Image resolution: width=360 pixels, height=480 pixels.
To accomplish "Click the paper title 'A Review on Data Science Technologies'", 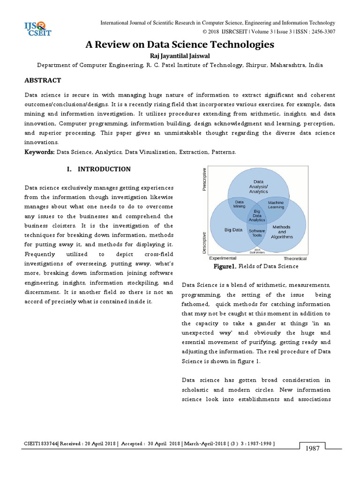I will [x=180, y=45].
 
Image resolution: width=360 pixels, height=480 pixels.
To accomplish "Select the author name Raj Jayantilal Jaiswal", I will [x=180, y=56].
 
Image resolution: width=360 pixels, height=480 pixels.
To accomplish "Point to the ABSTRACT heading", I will [x=43, y=81].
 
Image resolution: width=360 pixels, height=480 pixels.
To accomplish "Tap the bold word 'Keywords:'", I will [x=40, y=152].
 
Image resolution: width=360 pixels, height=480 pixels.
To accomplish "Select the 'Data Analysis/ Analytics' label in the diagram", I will [x=258, y=187].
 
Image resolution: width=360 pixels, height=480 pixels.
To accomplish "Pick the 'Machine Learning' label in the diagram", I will [x=276, y=204].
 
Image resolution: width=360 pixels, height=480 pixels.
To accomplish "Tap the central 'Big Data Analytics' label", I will [x=257, y=216].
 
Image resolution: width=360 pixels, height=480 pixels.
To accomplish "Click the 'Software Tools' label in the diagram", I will [x=257, y=233].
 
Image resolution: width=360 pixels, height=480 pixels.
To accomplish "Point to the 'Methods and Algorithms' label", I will [x=281, y=232].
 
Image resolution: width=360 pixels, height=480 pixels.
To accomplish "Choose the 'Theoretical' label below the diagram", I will [x=295, y=258].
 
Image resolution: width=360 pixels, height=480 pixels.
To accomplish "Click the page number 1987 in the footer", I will [x=312, y=449].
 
